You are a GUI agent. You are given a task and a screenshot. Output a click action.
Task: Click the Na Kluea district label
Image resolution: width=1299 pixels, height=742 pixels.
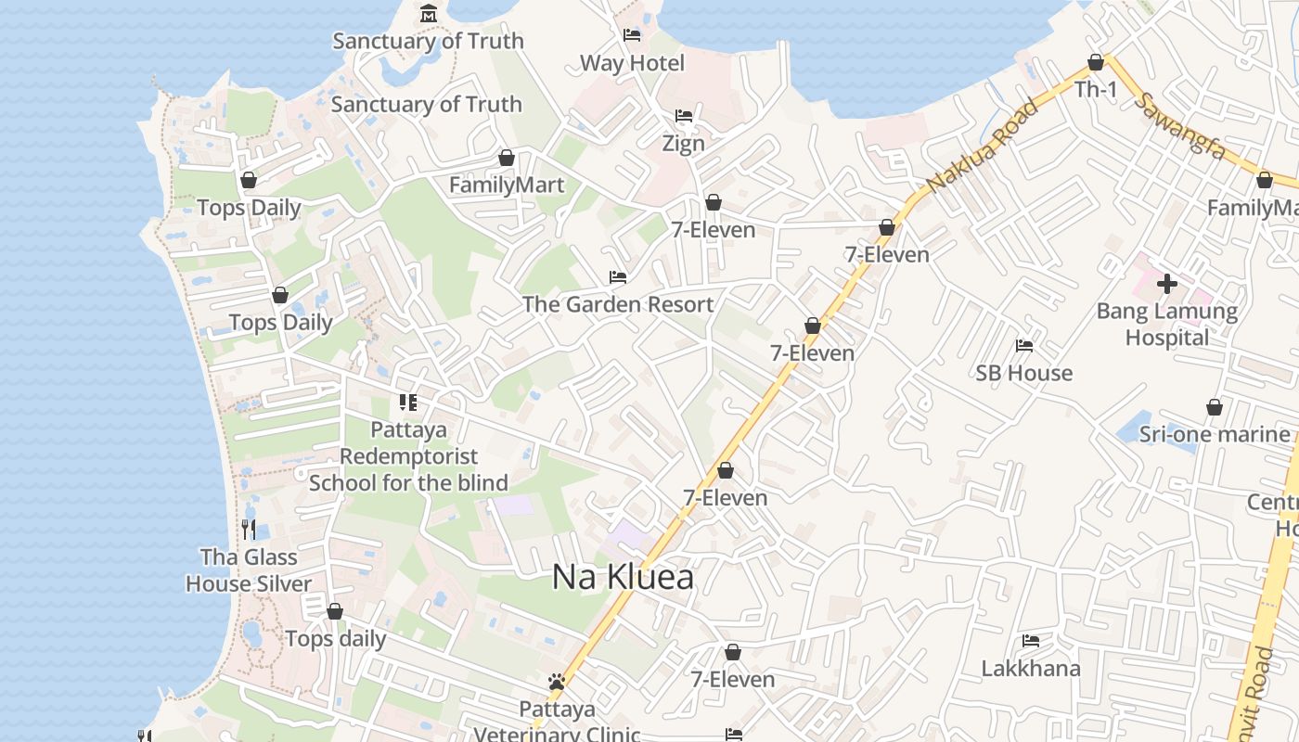tap(623, 577)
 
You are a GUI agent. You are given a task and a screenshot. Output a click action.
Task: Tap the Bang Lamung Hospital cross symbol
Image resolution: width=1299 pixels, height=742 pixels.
tap(1167, 283)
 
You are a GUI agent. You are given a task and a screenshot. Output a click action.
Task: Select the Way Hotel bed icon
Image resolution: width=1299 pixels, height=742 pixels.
tap(632, 36)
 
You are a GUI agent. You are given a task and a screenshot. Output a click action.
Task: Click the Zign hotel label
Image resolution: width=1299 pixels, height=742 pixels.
tap(683, 144)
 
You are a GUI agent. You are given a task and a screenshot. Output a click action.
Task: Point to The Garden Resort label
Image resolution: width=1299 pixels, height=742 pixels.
tap(618, 304)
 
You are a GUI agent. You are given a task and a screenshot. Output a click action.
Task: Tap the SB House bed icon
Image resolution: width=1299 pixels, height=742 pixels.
tap(1024, 346)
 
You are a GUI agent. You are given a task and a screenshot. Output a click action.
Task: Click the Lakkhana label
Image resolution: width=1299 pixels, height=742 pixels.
tap(1031, 669)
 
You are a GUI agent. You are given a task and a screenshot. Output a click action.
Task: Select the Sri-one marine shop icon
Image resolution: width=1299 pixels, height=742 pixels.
tap(1214, 408)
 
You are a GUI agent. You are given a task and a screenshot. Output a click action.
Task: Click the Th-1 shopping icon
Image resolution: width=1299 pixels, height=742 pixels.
tap(1096, 63)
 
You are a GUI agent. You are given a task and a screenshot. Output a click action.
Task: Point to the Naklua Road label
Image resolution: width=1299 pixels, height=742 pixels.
tap(982, 147)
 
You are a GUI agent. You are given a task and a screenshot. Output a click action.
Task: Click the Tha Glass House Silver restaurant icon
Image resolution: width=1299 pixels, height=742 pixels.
tap(249, 530)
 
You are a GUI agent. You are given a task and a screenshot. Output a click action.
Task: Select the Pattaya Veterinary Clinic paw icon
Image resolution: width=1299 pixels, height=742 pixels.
tap(557, 683)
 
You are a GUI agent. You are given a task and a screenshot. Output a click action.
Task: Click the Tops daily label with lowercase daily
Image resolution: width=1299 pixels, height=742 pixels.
tap(336, 639)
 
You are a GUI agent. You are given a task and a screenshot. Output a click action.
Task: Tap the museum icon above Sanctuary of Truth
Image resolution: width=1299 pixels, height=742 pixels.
tap(429, 14)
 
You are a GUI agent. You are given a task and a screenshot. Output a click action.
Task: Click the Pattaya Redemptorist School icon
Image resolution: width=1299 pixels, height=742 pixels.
tap(408, 403)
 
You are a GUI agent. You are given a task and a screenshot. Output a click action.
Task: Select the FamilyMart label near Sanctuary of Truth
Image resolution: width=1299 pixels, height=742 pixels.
tap(507, 185)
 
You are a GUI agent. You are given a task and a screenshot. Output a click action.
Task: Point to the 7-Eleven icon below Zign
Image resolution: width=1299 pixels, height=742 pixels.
tap(714, 203)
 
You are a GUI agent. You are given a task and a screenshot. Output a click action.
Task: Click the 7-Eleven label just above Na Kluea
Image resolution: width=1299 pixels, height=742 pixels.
tap(726, 498)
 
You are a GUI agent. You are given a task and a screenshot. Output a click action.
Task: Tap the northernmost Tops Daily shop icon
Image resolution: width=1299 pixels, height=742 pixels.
tap(249, 181)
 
